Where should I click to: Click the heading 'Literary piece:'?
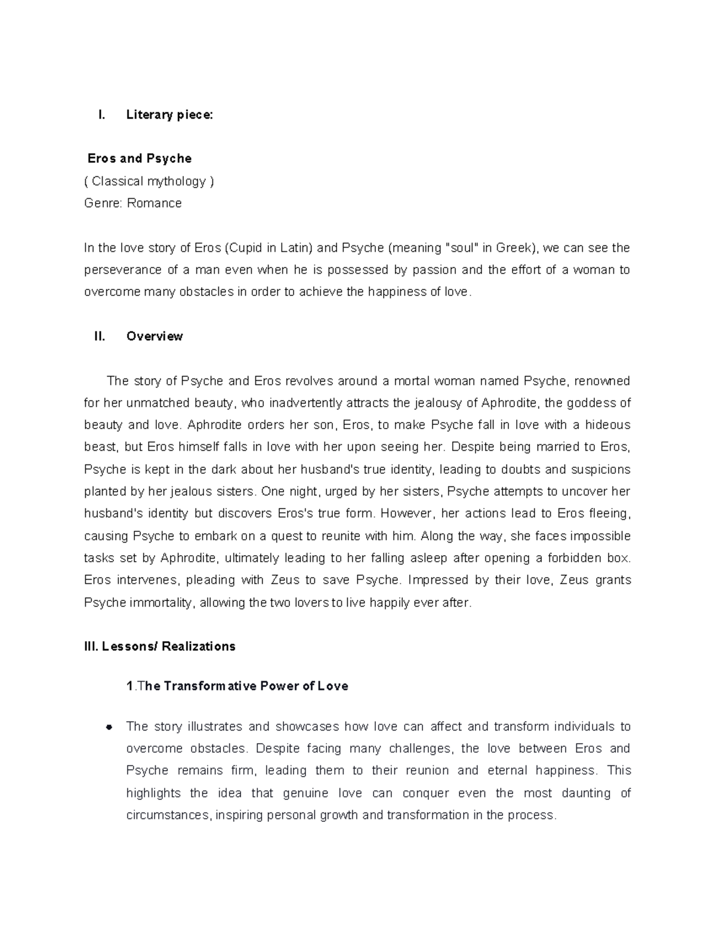click(169, 115)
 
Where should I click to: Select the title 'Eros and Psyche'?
click(139, 159)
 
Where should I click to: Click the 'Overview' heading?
click(155, 337)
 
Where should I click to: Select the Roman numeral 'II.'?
click(100, 337)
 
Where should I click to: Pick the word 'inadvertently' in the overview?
click(303, 403)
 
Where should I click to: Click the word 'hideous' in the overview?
click(607, 425)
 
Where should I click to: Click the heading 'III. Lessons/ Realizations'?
click(160, 646)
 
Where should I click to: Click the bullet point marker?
click(109, 727)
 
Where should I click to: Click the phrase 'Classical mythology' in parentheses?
click(149, 181)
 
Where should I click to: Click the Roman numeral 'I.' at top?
click(101, 115)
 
